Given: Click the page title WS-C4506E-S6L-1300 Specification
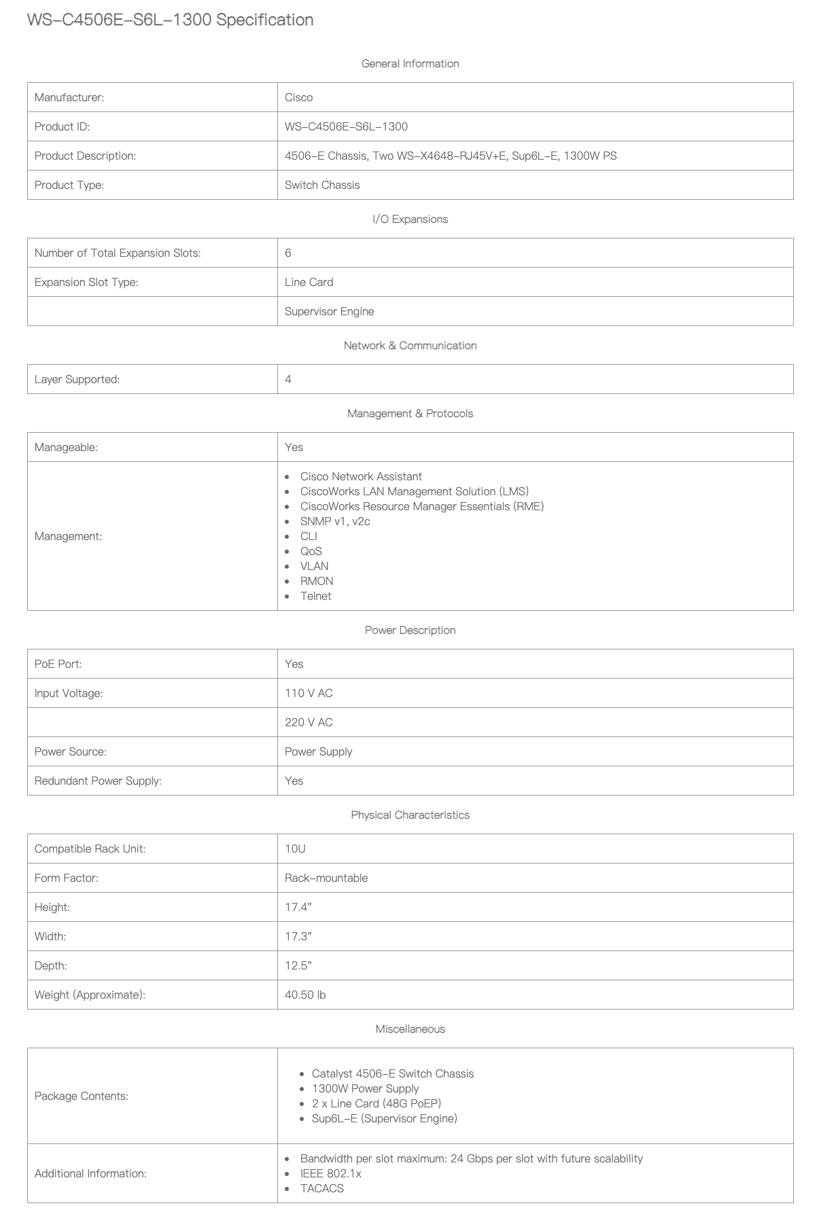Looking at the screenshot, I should pyautogui.click(x=170, y=20).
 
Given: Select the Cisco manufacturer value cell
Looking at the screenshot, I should pyautogui.click(x=299, y=97).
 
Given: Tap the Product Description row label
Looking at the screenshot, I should pyautogui.click(x=85, y=156).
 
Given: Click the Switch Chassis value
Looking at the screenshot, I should pyautogui.click(x=322, y=185).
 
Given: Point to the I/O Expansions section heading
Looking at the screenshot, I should pyautogui.click(x=410, y=219).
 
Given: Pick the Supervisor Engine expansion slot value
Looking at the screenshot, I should pyautogui.click(x=329, y=311).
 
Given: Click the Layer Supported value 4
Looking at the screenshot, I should pyautogui.click(x=288, y=379).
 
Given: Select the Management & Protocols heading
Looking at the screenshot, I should pyautogui.click(x=410, y=413).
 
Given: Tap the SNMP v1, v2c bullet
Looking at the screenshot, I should pyautogui.click(x=335, y=521).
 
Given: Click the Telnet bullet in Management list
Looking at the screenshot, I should pyautogui.click(x=316, y=596).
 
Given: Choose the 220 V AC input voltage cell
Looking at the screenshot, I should pyautogui.click(x=309, y=722).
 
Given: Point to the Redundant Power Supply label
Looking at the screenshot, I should pyautogui.click(x=98, y=781).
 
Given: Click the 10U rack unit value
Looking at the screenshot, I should pyautogui.click(x=295, y=849).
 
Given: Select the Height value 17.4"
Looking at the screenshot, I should pyautogui.click(x=298, y=907).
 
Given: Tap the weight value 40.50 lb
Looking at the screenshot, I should pyautogui.click(x=305, y=995).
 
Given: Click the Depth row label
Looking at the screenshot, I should pyautogui.click(x=50, y=965).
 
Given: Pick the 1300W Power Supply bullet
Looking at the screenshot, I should pyautogui.click(x=365, y=1088).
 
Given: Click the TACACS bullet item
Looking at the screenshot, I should pyautogui.click(x=322, y=1188).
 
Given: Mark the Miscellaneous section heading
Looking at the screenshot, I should pyautogui.click(x=410, y=1029).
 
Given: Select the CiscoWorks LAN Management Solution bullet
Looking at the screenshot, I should pyautogui.click(x=415, y=491).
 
